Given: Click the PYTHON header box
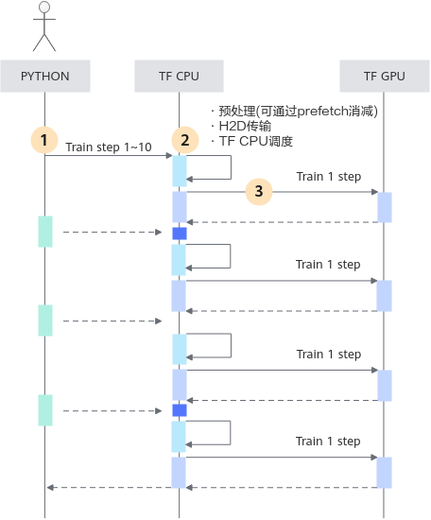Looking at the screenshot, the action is (x=45, y=76).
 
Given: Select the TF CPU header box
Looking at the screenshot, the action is (x=179, y=76).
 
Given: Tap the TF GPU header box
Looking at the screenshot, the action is (x=385, y=76).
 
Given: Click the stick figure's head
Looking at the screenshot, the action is (x=44, y=7).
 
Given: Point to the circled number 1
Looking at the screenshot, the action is (x=44, y=140).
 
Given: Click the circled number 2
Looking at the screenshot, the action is (x=185, y=140).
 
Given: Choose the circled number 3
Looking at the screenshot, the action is (x=259, y=191).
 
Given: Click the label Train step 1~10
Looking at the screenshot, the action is (x=109, y=147).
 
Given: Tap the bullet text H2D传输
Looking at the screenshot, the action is (x=245, y=126).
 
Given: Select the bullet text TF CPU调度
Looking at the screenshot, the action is (x=256, y=141).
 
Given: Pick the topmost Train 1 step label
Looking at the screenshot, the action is (x=329, y=177).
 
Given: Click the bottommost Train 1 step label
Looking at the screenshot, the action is (x=328, y=442).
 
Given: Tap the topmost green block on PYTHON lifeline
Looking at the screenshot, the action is (x=45, y=232).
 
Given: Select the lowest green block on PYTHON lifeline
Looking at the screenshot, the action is (x=45, y=410).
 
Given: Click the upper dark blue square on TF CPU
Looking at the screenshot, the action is (x=180, y=234).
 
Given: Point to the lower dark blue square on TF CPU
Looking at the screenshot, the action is (x=180, y=410).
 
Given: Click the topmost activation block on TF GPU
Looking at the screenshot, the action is (x=385, y=207).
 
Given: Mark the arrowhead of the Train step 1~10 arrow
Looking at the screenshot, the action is (x=169, y=156).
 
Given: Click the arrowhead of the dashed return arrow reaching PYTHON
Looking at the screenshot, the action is (x=50, y=488).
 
